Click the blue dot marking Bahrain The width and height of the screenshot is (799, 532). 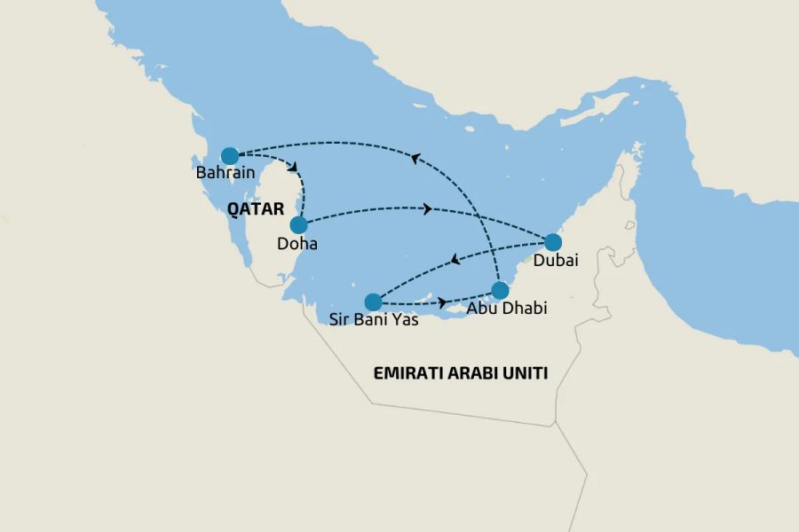pos(229,155)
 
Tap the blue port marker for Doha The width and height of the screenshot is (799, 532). pos(298,225)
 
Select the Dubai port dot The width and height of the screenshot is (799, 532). pos(552,241)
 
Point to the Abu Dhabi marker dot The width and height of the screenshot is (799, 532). pos(500,290)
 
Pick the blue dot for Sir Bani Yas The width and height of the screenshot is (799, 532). pos(374,301)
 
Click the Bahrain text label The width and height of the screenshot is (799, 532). pos(226,173)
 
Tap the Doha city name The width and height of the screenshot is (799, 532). pos(297,243)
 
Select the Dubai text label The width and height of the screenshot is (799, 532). pos(557,261)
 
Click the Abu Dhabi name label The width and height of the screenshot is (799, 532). pos(508,309)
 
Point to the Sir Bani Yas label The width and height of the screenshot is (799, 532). pos(374,320)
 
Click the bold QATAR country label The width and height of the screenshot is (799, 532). pos(256,209)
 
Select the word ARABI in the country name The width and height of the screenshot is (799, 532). pos(477,373)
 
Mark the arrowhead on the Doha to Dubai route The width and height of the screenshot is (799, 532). pos(428,209)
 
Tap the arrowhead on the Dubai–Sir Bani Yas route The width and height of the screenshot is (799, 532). pos(455,261)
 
